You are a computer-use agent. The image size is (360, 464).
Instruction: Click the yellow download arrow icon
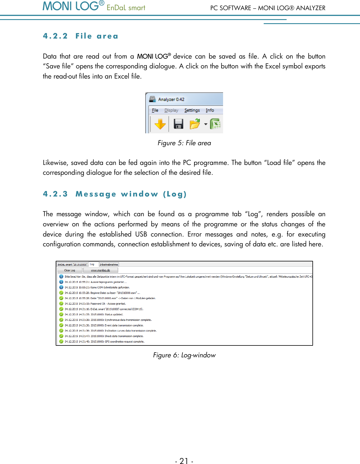[160, 124]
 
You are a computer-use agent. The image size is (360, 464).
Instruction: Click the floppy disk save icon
[178, 124]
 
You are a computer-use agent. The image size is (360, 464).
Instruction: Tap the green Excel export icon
[216, 124]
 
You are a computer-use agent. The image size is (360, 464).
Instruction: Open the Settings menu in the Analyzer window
[192, 110]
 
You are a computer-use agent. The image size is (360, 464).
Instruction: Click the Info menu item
[210, 110]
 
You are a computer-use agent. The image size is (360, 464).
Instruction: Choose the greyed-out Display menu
[171, 110]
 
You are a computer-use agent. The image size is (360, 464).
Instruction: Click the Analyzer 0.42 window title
[171, 99]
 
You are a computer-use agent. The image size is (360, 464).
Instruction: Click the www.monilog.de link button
[100, 270]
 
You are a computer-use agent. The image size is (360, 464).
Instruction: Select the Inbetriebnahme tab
[109, 264]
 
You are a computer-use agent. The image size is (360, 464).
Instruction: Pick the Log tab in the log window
[92, 264]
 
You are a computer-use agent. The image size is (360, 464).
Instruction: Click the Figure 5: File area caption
[184, 143]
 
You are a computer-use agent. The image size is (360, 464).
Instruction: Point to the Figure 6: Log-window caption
[184, 355]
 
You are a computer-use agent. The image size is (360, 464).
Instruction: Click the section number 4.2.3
[55, 194]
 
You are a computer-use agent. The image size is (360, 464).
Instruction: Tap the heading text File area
[97, 36]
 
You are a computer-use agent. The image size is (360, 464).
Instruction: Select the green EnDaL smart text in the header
[126, 8]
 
